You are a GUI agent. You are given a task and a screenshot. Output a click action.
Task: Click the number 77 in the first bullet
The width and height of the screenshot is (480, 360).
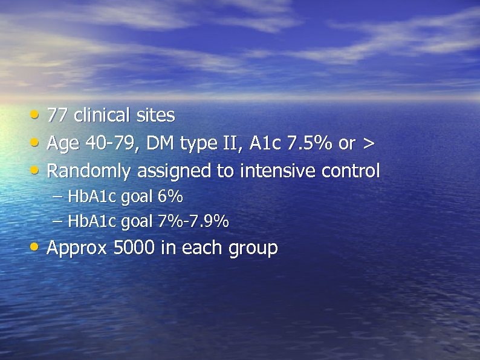[57, 115]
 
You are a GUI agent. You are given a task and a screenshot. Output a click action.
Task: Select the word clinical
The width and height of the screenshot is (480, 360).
[101, 115]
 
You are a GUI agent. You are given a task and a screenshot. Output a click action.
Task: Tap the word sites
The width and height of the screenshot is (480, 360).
[155, 115]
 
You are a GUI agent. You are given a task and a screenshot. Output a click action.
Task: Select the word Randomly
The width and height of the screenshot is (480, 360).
[89, 172]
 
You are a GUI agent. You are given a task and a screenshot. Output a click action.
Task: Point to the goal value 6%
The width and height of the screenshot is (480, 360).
[170, 197]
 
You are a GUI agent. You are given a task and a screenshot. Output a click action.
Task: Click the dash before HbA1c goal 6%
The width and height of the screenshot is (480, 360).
[57, 197]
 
